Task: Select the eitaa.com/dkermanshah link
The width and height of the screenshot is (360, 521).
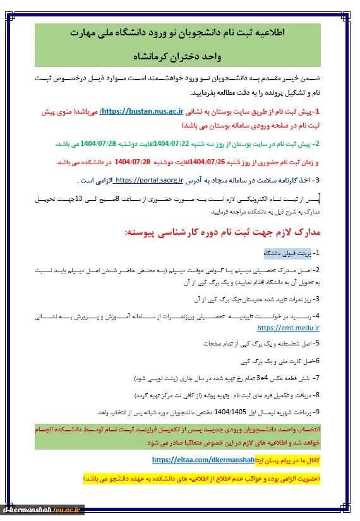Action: click(203, 460)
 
